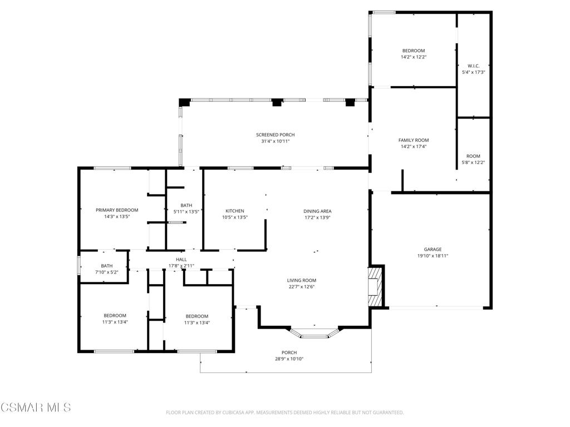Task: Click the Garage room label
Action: [432, 250]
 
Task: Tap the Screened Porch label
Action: [275, 135]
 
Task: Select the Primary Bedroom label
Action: [117, 210]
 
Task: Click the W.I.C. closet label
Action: [473, 66]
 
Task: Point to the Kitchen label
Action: [234, 211]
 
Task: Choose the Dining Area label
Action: [317, 211]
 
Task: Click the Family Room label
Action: [414, 141]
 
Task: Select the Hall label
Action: [181, 260]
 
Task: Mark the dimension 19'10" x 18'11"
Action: [432, 256]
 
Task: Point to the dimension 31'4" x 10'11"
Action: [275, 141]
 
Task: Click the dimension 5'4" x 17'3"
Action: [473, 72]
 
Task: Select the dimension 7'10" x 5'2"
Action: [106, 272]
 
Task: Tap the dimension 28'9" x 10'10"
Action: [289, 359]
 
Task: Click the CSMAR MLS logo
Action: [36, 408]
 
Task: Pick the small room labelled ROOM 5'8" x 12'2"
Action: [473, 159]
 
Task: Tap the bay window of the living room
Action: [315, 334]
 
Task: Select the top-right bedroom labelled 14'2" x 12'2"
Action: [414, 53]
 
